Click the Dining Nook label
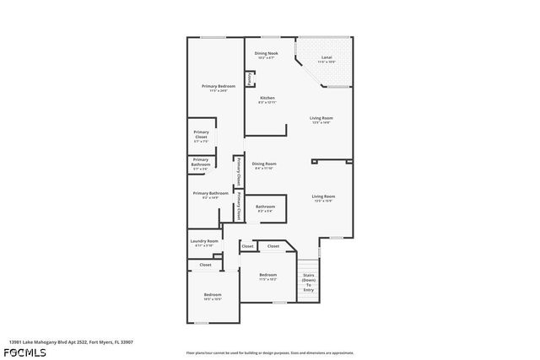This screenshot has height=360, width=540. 267,52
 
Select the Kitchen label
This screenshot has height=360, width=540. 267,98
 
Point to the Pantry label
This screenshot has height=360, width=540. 250,78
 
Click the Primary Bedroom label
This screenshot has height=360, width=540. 218,86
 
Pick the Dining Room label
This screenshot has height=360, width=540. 265,163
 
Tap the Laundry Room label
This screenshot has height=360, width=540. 203,241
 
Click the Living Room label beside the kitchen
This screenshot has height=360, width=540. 321,118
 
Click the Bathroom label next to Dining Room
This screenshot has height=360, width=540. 266,206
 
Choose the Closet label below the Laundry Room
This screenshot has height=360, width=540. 205,265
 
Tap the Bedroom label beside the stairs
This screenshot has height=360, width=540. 268,275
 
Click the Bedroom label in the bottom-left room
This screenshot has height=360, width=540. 212,294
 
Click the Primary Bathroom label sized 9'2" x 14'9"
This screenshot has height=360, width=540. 210,193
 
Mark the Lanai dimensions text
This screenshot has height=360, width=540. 327,62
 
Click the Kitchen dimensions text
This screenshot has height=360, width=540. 267,102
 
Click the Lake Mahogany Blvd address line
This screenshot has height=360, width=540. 71,342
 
